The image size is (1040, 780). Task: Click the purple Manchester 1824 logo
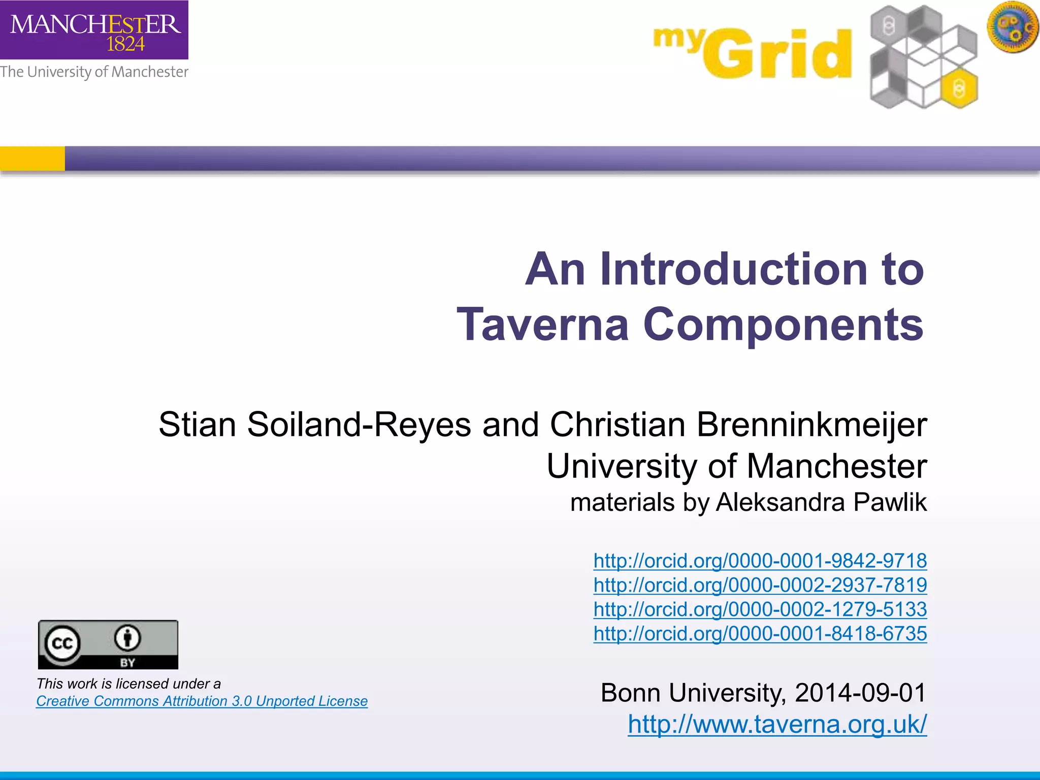point(94,29)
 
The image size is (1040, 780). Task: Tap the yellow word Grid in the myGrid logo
point(777,55)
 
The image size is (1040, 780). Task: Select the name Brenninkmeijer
point(811,425)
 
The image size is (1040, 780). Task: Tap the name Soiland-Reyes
point(359,425)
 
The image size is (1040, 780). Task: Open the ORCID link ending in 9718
point(760,561)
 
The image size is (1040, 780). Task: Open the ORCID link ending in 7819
point(760,585)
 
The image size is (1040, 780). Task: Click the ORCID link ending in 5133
point(760,609)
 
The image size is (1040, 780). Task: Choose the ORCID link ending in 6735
point(760,633)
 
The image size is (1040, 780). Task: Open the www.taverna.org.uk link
point(777,724)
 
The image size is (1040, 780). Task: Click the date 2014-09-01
point(860,693)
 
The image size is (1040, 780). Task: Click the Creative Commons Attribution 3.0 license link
point(202,701)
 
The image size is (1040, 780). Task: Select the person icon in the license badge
point(127,638)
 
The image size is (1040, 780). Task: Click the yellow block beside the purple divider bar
point(32,158)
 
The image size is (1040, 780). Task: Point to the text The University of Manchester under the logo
point(94,72)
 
